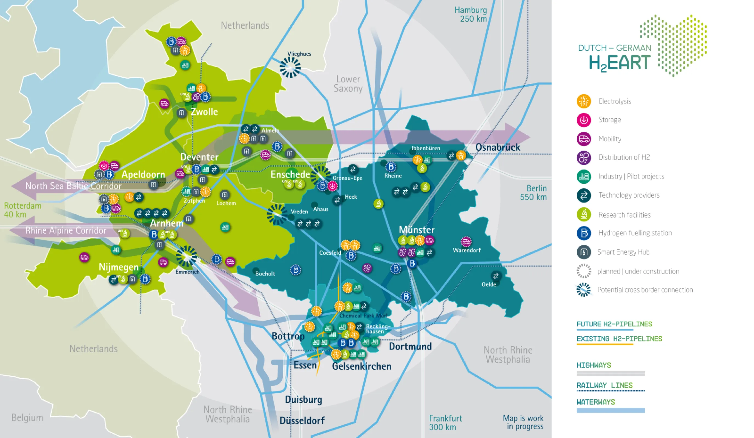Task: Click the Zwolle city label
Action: [204, 111]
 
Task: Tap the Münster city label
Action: [417, 230]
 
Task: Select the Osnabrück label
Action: [498, 147]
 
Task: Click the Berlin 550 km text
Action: [534, 192]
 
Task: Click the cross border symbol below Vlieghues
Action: [290, 67]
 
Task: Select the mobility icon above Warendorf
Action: [466, 241]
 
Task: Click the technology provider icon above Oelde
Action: [495, 275]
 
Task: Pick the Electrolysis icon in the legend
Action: [583, 101]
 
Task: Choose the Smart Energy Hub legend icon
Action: [583, 252]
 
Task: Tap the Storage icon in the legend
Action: [583, 120]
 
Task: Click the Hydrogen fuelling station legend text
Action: [635, 233]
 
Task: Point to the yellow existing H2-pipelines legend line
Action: [604, 344]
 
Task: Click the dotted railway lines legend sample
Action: [610, 390]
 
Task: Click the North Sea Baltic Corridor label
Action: [73, 186]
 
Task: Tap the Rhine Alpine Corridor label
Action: [66, 230]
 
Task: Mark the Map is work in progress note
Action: [523, 422]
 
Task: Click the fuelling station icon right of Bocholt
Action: [295, 270]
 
